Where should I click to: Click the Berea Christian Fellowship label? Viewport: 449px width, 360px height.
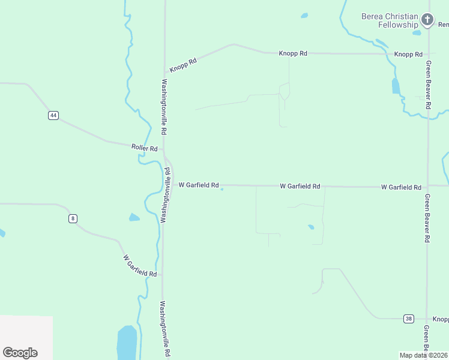click(x=390, y=20)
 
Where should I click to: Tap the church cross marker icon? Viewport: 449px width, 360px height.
click(x=427, y=20)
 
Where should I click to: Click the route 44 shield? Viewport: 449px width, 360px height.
click(x=53, y=115)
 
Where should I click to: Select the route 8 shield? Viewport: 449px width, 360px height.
click(x=73, y=218)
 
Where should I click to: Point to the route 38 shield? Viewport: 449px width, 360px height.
click(x=409, y=319)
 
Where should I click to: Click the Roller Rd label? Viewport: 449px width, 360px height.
click(x=144, y=148)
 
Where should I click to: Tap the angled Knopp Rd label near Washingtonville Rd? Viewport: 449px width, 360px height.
click(x=183, y=65)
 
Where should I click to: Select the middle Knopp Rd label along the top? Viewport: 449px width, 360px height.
click(x=293, y=53)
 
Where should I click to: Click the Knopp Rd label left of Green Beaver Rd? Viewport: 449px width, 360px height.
click(x=408, y=54)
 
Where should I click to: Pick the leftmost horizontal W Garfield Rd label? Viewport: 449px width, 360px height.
click(x=198, y=185)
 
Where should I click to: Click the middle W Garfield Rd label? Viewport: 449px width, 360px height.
click(x=300, y=187)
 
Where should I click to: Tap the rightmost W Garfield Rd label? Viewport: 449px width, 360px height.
click(x=401, y=187)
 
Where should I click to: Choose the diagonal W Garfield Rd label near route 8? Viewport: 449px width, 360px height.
click(x=140, y=266)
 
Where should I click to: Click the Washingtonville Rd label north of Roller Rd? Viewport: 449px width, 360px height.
click(x=163, y=107)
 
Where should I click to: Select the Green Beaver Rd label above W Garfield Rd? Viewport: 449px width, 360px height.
click(x=428, y=84)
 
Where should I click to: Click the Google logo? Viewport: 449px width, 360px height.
click(x=20, y=353)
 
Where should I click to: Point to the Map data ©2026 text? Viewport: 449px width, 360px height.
click(x=423, y=355)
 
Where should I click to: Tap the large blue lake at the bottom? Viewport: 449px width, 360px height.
click(x=127, y=343)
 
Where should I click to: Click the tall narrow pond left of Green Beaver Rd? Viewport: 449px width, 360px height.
click(x=396, y=86)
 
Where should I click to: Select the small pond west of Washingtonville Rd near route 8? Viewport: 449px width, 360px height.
click(x=134, y=217)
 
